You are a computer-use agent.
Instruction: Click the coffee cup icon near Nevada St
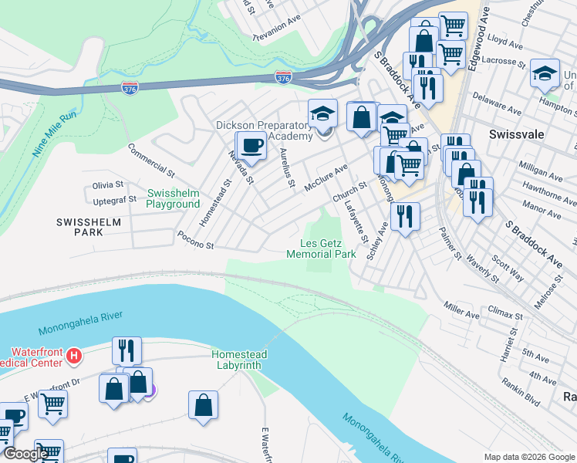(x=250, y=144)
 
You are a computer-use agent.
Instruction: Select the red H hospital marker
(x=74, y=356)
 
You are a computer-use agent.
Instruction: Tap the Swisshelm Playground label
(x=174, y=198)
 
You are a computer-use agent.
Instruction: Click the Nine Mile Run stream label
(x=55, y=134)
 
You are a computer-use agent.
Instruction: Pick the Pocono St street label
(x=194, y=240)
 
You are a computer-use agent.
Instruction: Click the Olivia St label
(x=108, y=185)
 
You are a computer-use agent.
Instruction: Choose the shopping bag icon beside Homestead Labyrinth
(x=203, y=404)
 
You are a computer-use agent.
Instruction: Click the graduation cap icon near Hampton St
(x=545, y=73)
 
